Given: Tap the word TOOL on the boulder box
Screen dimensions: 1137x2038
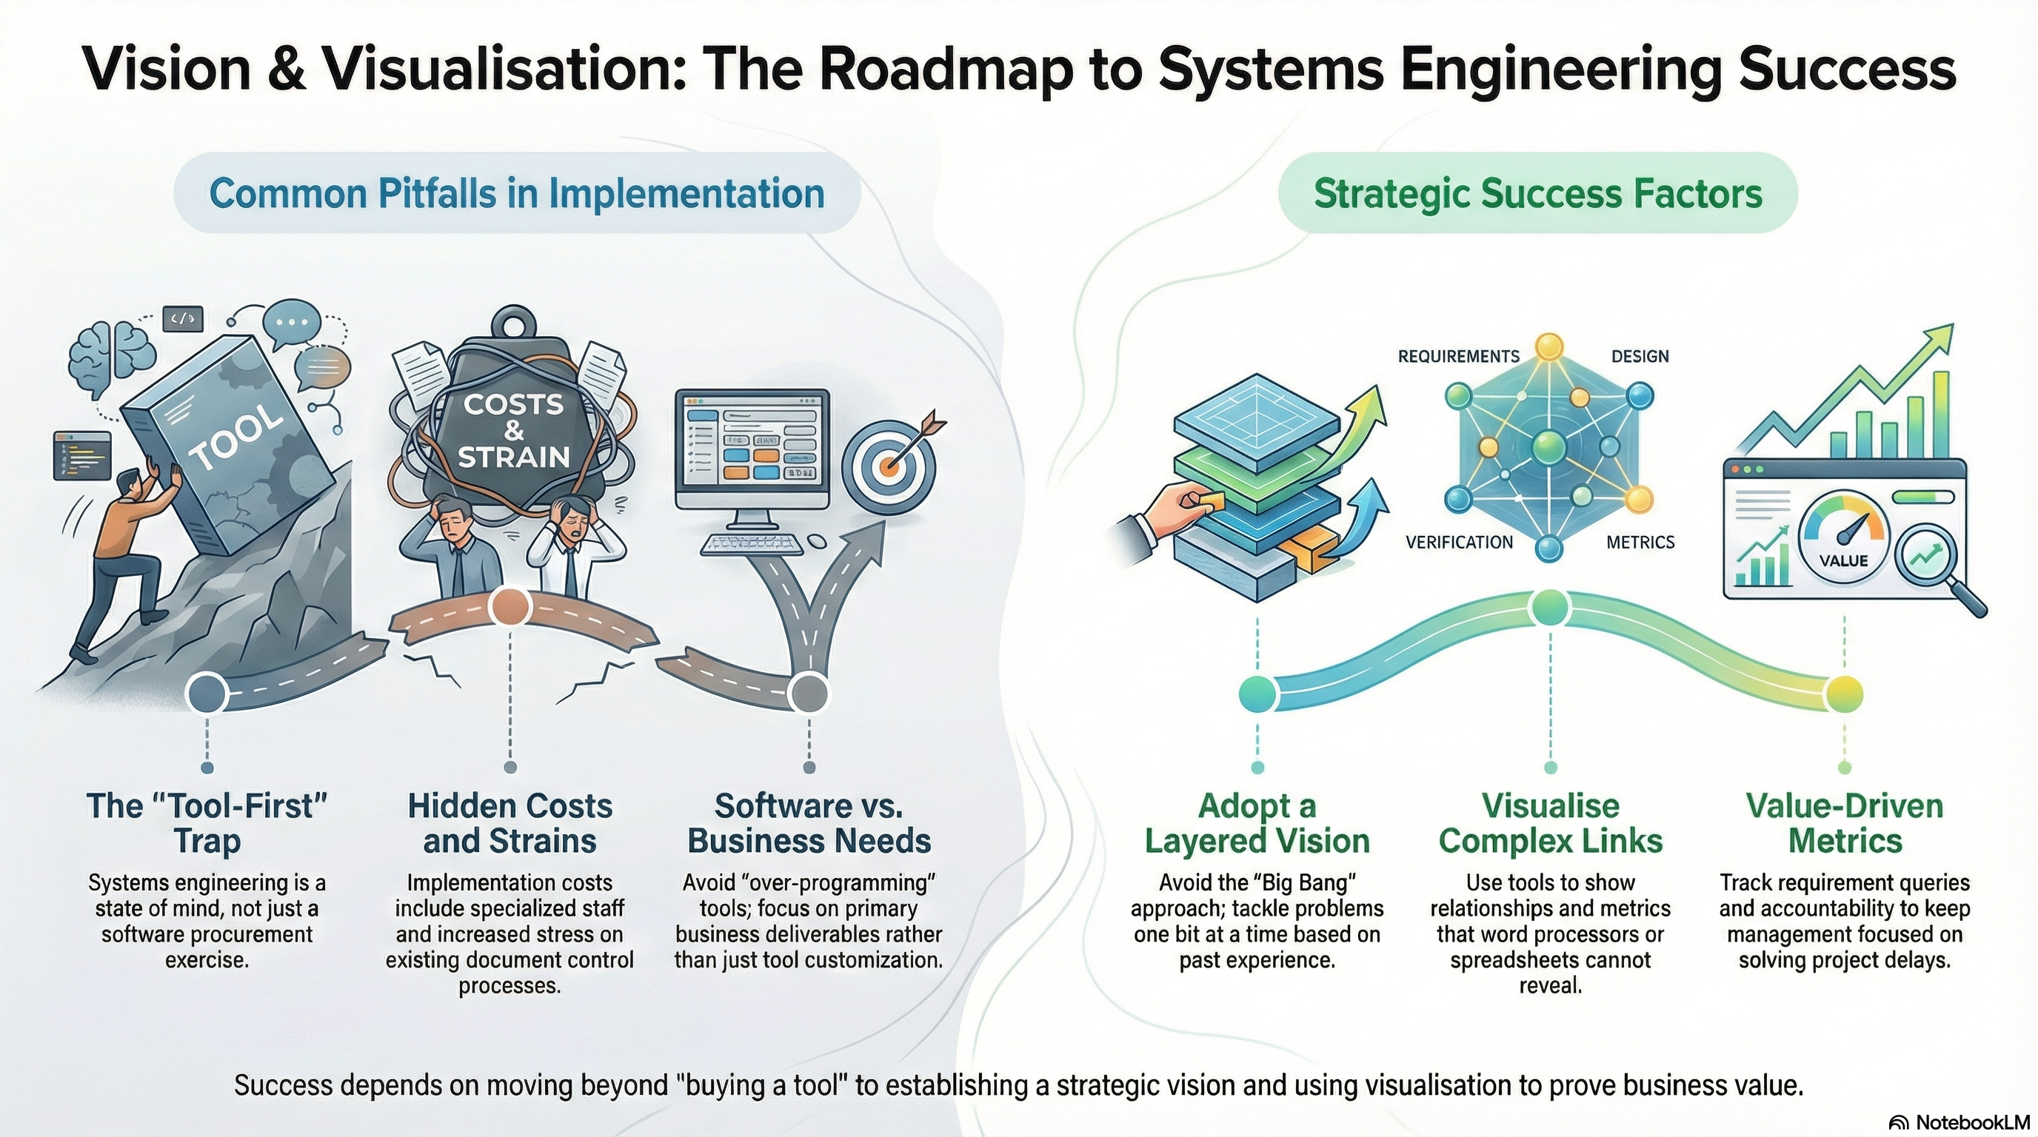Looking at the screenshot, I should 236,440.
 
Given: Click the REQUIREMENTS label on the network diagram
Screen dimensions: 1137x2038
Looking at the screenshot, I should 1458,357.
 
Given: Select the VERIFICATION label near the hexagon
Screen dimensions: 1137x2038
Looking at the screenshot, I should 1459,543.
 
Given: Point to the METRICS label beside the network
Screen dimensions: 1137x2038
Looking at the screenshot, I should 1640,543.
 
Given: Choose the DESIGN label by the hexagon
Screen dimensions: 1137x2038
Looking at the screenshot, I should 1640,357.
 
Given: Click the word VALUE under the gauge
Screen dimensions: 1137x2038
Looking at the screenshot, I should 1843,560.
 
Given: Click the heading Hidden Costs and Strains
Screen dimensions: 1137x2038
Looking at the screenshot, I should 509,823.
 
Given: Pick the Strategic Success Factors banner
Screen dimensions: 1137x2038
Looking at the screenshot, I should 1537,194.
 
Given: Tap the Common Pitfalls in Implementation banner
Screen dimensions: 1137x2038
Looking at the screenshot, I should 517,194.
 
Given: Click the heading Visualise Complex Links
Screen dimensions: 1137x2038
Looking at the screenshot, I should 1550,823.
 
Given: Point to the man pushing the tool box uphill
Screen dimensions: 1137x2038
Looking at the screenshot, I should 130,554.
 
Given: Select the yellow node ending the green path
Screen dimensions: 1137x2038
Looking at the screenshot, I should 1843,694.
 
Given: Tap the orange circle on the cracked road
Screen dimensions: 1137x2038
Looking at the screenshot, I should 509,607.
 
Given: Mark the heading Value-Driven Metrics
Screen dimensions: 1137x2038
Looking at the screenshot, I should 1844,823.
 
